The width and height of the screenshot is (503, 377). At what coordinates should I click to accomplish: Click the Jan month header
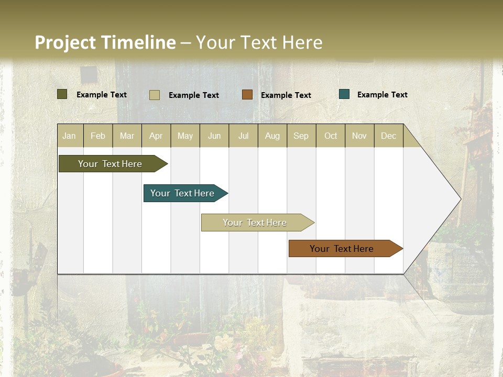click(69, 136)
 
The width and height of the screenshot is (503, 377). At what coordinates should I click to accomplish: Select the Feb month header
click(98, 136)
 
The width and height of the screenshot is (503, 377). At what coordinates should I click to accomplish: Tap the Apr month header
click(156, 136)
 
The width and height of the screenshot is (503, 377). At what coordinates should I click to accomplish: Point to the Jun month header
click(214, 136)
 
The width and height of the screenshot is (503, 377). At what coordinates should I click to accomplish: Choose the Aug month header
click(272, 136)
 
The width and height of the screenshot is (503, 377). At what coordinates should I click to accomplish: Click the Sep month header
click(301, 136)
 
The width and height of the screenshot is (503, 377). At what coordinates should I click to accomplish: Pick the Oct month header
click(331, 136)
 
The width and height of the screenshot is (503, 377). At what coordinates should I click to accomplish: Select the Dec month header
click(388, 136)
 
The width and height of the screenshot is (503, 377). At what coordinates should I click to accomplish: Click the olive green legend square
click(62, 94)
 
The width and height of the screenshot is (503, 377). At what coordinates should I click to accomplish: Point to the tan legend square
click(155, 95)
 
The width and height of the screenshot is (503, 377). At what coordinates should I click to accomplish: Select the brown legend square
click(247, 95)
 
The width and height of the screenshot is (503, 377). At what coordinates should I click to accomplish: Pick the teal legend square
click(344, 94)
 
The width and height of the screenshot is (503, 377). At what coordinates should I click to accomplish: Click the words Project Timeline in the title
click(105, 42)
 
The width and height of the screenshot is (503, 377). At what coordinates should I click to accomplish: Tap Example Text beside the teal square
click(382, 95)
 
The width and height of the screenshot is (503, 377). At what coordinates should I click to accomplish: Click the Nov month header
click(359, 136)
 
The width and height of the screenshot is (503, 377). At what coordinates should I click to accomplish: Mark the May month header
click(185, 136)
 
